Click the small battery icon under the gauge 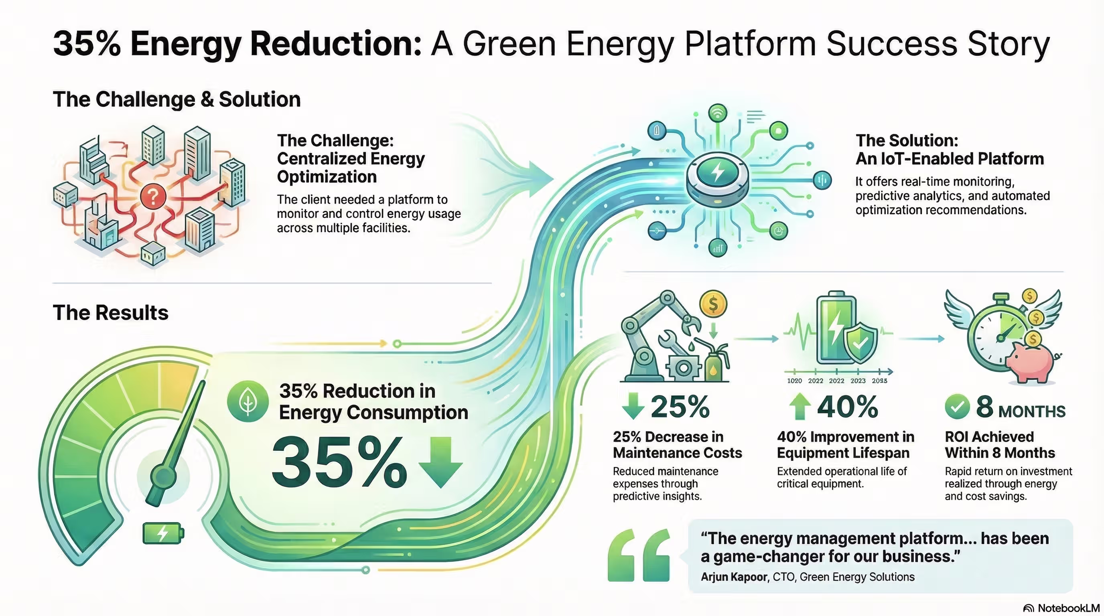(x=163, y=533)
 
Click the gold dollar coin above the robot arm (x=713, y=304)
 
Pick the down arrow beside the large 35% (x=440, y=462)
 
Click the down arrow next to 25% (x=633, y=405)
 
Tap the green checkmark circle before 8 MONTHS (x=956, y=407)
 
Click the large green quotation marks (x=639, y=555)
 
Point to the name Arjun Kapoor (x=734, y=577)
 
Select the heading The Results (x=111, y=313)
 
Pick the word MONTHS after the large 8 (x=1031, y=411)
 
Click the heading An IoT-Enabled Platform (x=949, y=159)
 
